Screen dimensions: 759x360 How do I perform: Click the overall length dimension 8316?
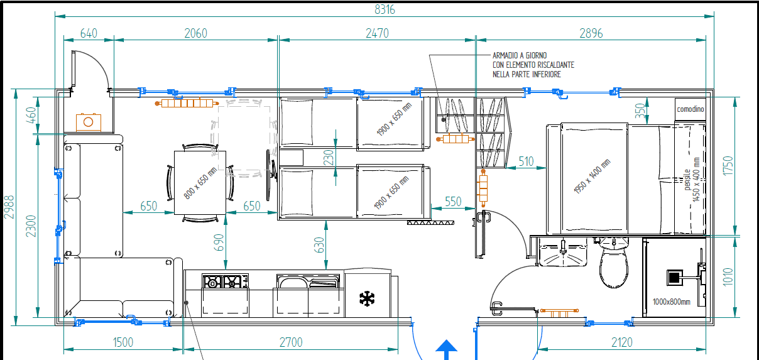[x=385, y=10]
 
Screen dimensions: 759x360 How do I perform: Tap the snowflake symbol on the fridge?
[x=367, y=298]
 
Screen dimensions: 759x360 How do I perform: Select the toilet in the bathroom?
[x=614, y=263]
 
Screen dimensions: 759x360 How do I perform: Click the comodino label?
[x=691, y=109]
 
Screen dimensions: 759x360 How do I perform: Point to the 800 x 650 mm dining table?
[x=200, y=183]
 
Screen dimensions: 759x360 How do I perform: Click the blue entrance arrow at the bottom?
[x=446, y=350]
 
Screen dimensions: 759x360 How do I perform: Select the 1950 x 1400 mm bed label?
[x=592, y=176]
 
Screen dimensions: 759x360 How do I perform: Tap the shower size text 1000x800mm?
[x=671, y=302]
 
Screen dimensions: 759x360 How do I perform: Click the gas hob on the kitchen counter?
[x=225, y=281]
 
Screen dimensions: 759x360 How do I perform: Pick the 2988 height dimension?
[x=9, y=207]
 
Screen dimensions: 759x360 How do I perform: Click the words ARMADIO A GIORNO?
[x=520, y=55]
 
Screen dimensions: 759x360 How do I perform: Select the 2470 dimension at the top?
[x=377, y=33]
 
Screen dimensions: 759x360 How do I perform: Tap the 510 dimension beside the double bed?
[x=526, y=161]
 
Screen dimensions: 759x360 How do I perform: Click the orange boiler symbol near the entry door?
[x=89, y=122]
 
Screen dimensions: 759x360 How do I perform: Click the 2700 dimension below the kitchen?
[x=291, y=342]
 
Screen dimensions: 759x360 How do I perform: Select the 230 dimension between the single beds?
[x=329, y=158]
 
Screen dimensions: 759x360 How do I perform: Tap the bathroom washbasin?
[x=563, y=252]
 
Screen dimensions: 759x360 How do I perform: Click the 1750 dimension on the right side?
[x=728, y=166]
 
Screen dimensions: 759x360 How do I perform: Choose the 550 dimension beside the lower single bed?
[x=453, y=202]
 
